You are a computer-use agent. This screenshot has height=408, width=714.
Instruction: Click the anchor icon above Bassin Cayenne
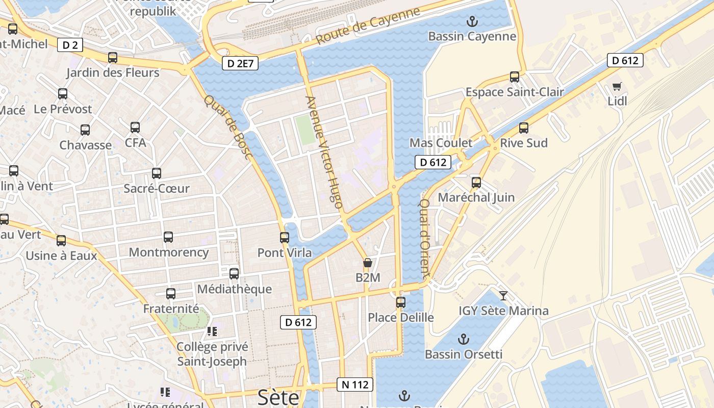(472, 21)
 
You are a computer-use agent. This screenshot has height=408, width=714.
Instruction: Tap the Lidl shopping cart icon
(617, 86)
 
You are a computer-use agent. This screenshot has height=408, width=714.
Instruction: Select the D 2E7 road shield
(240, 64)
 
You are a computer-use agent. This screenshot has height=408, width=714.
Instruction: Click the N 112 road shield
(355, 385)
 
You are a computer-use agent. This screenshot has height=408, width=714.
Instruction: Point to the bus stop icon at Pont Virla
(285, 237)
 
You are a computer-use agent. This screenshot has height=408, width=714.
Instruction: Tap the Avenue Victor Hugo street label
(324, 151)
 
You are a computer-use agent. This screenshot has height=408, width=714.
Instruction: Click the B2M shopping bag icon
(367, 263)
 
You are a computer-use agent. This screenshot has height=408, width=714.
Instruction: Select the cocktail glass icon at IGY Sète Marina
(503, 295)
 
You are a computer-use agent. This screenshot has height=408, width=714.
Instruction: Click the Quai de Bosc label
(228, 126)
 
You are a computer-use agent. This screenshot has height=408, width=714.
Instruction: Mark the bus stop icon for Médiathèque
(234, 274)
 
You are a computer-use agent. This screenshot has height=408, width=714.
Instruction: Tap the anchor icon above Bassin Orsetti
(463, 339)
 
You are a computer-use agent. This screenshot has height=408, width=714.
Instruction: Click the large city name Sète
(278, 397)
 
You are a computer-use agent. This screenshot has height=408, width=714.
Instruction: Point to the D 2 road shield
(70, 45)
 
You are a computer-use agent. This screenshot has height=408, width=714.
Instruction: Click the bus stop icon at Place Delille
(401, 302)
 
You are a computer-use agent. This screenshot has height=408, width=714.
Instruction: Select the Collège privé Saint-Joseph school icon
(212, 332)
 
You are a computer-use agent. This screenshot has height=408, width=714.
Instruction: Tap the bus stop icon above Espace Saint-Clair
(515, 77)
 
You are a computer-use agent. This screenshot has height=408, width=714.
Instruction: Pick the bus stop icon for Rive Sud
(524, 128)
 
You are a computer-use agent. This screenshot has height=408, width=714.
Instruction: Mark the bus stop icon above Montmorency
(168, 237)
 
